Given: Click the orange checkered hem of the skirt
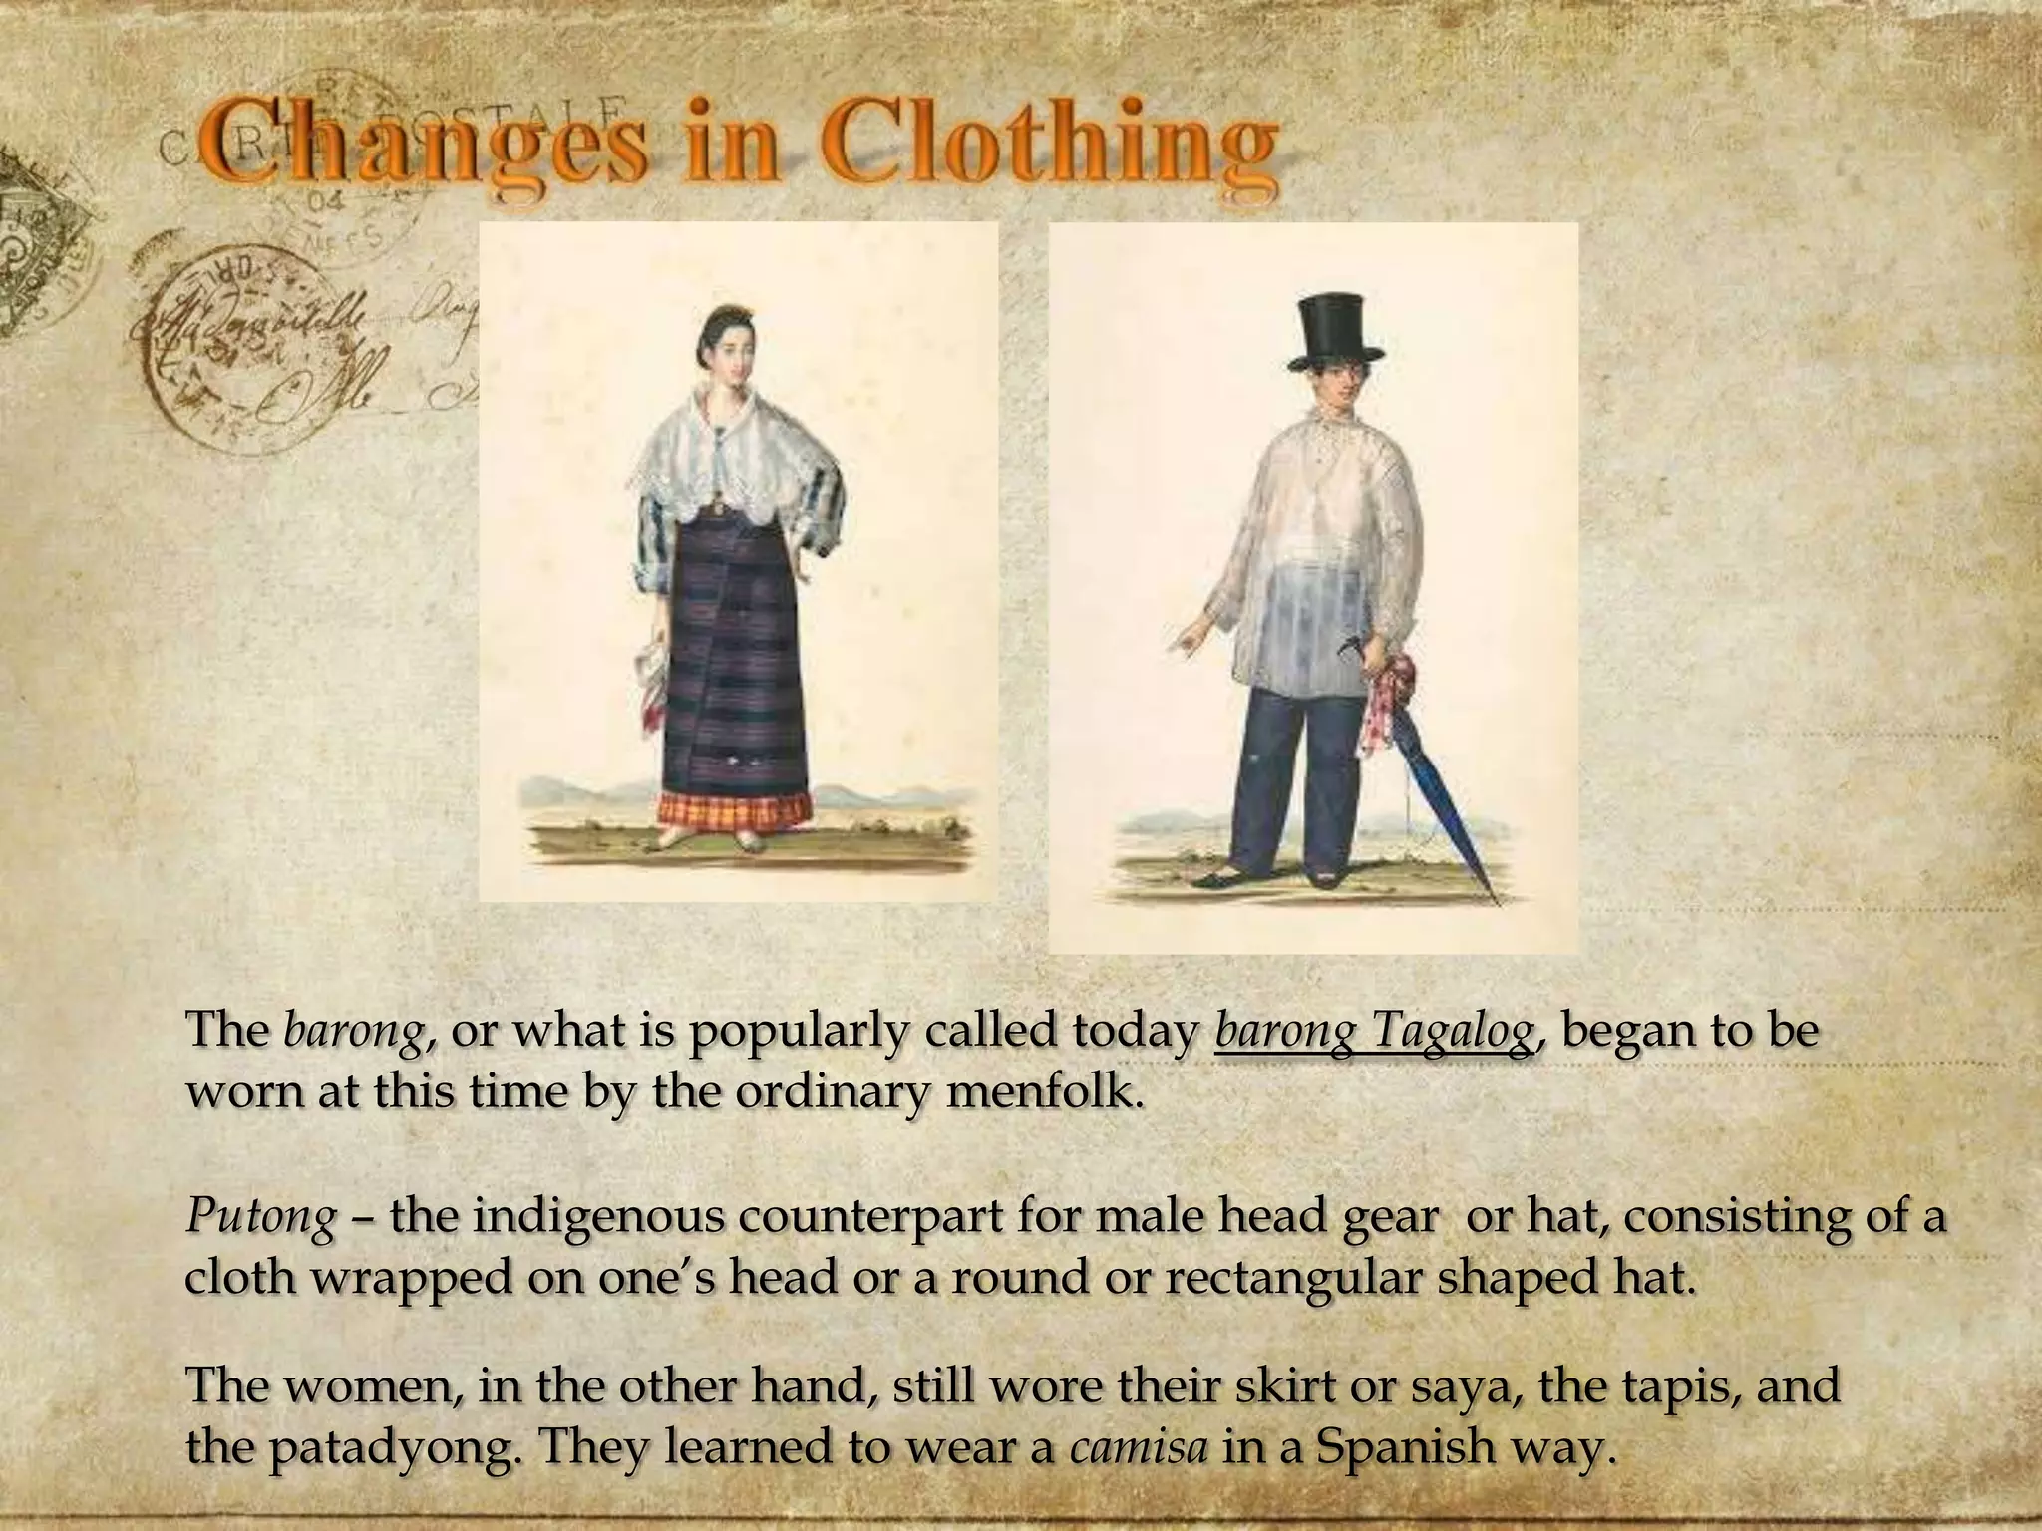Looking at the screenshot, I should (x=733, y=807).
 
